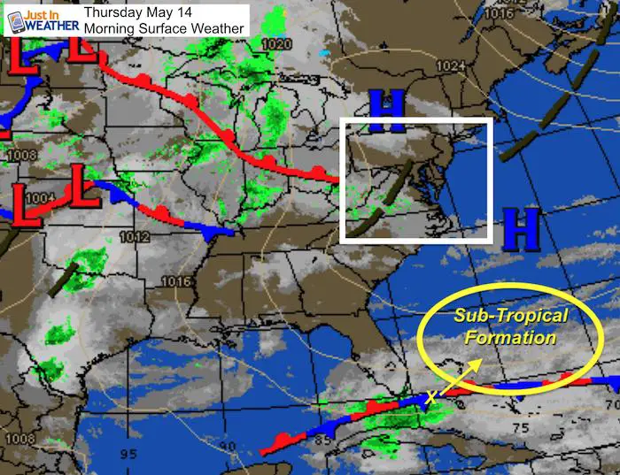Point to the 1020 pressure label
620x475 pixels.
[276, 44]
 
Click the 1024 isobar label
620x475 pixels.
[451, 66]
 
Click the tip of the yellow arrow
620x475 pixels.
[484, 361]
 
